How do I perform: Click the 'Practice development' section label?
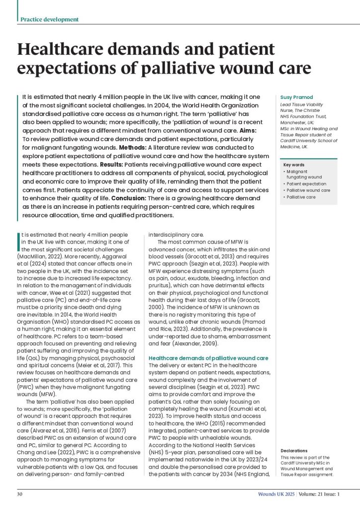point(49,19)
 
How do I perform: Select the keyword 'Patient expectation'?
point(307,183)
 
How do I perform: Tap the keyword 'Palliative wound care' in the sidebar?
point(308,190)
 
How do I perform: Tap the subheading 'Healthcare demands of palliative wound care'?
point(209,358)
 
